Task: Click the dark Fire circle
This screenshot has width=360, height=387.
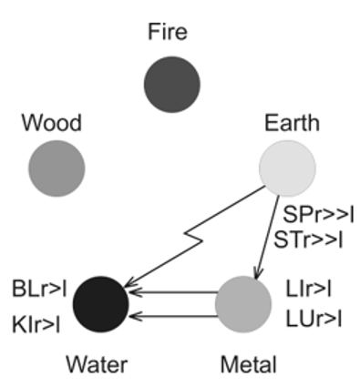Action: click(x=172, y=85)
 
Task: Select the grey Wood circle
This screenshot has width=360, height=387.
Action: click(x=57, y=168)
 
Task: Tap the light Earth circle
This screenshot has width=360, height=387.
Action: click(x=287, y=168)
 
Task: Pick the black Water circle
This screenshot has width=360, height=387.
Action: click(x=101, y=304)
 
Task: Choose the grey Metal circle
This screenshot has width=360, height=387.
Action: click(x=243, y=304)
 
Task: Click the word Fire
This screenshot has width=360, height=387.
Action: click(x=168, y=32)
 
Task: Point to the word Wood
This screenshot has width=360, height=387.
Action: click(x=52, y=123)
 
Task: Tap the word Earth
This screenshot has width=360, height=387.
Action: click(x=292, y=123)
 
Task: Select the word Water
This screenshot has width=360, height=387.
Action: click(x=97, y=364)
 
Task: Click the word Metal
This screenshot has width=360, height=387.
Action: click(x=249, y=364)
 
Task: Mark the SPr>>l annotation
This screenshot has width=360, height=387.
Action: click(x=318, y=215)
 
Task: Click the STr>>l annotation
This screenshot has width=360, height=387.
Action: click(x=308, y=239)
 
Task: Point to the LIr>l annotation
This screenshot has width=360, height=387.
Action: click(x=308, y=289)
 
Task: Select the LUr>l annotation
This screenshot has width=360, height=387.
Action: click(x=314, y=319)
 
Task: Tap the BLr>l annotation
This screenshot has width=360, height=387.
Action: click(x=39, y=289)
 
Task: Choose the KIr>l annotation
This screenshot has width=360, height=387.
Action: click(x=36, y=325)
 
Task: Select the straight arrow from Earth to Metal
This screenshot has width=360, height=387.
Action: click(x=267, y=238)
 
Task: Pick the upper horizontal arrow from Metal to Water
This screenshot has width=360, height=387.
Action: click(x=174, y=292)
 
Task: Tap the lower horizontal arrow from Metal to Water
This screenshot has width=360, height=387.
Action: click(x=174, y=317)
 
